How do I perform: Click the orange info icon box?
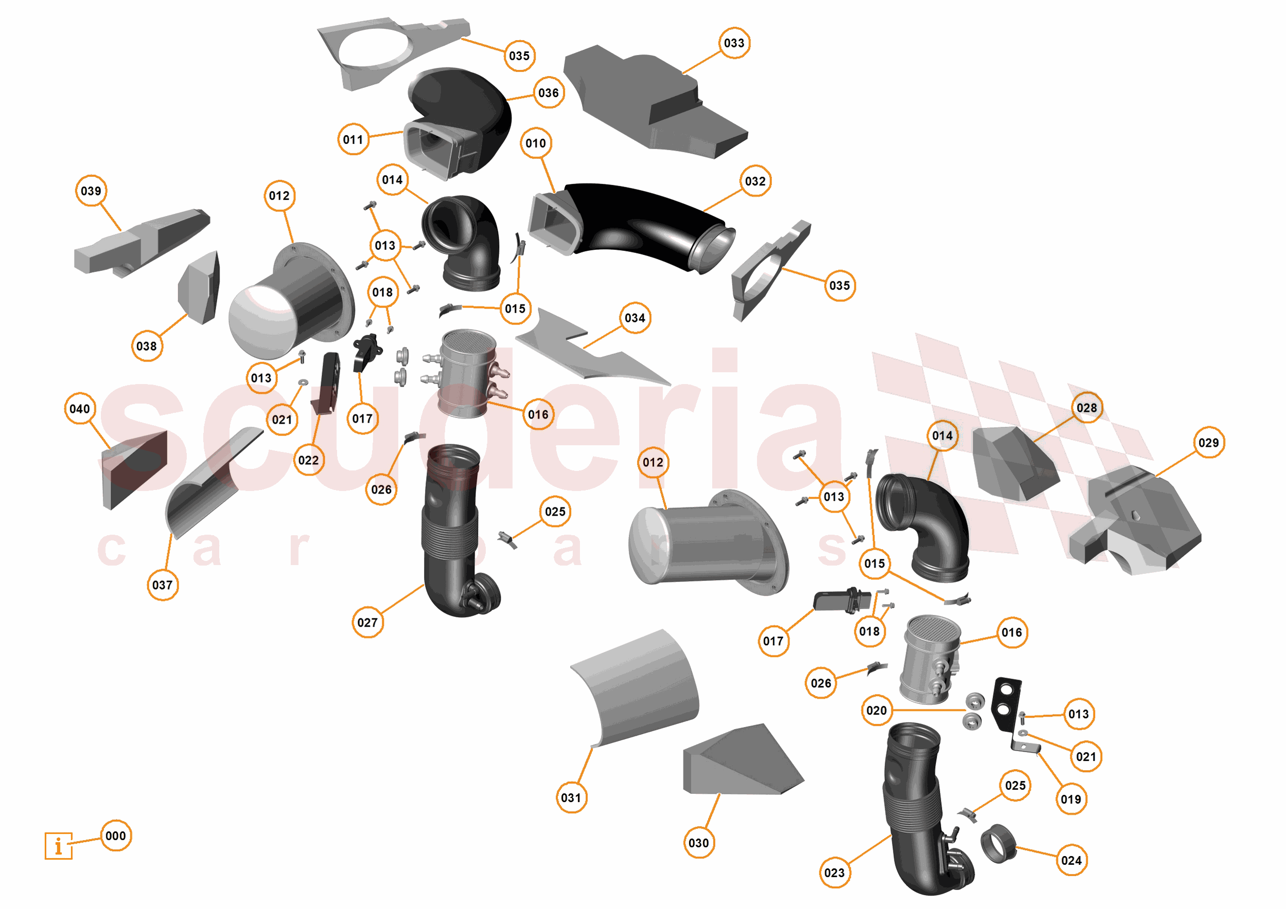[58, 845]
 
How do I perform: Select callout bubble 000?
[116, 835]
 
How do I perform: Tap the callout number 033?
[734, 43]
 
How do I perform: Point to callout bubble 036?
[549, 93]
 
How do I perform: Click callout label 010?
[536, 143]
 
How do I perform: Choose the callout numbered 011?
[353, 139]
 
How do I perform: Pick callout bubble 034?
[635, 318]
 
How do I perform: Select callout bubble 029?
[1208, 443]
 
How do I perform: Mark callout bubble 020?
[876, 711]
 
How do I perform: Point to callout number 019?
[1070, 799]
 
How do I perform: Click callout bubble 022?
[308, 460]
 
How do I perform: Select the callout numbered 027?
[367, 623]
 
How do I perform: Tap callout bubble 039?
[91, 191]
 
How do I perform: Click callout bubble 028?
[1087, 408]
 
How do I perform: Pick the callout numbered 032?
[755, 181]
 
